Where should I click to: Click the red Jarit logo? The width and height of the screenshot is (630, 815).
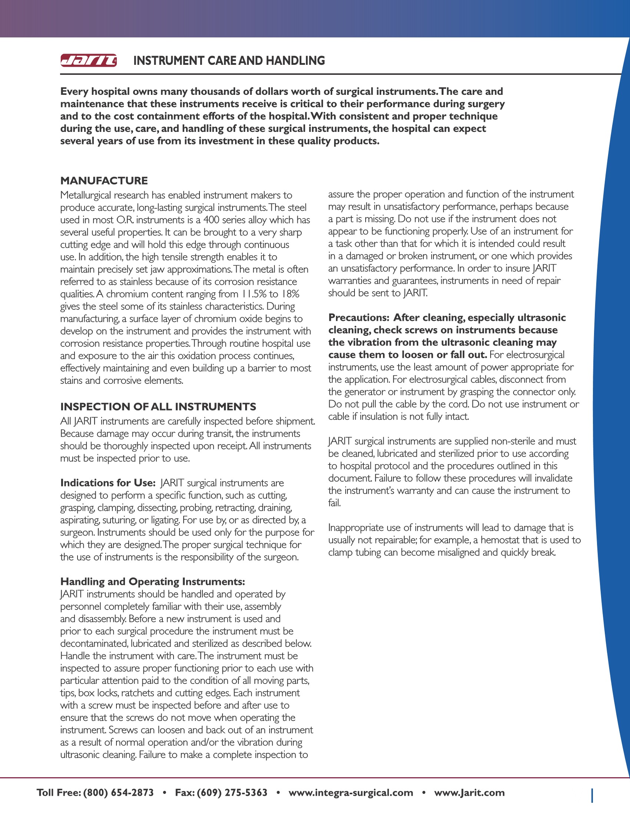pos(89,60)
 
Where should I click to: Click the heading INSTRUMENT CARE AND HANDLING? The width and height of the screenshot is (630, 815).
pos(229,60)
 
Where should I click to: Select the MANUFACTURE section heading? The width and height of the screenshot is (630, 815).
pos(104,181)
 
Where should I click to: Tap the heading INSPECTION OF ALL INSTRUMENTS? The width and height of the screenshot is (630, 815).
pos(158,406)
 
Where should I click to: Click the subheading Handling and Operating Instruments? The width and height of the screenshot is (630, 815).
pos(153,581)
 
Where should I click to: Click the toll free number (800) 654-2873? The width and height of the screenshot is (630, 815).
pos(118,793)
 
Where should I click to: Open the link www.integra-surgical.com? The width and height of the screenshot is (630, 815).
pos(351,793)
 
